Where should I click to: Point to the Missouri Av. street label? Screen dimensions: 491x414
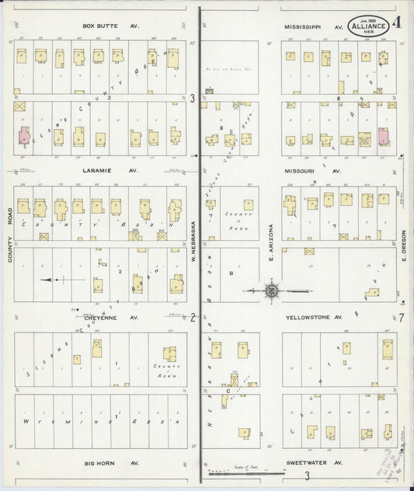(313, 169)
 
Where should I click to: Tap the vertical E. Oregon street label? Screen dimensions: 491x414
(404, 245)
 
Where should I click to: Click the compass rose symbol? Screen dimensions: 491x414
(272, 291)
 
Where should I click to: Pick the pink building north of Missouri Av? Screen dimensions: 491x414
(383, 136)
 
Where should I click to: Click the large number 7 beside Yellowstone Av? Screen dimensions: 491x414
(402, 317)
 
